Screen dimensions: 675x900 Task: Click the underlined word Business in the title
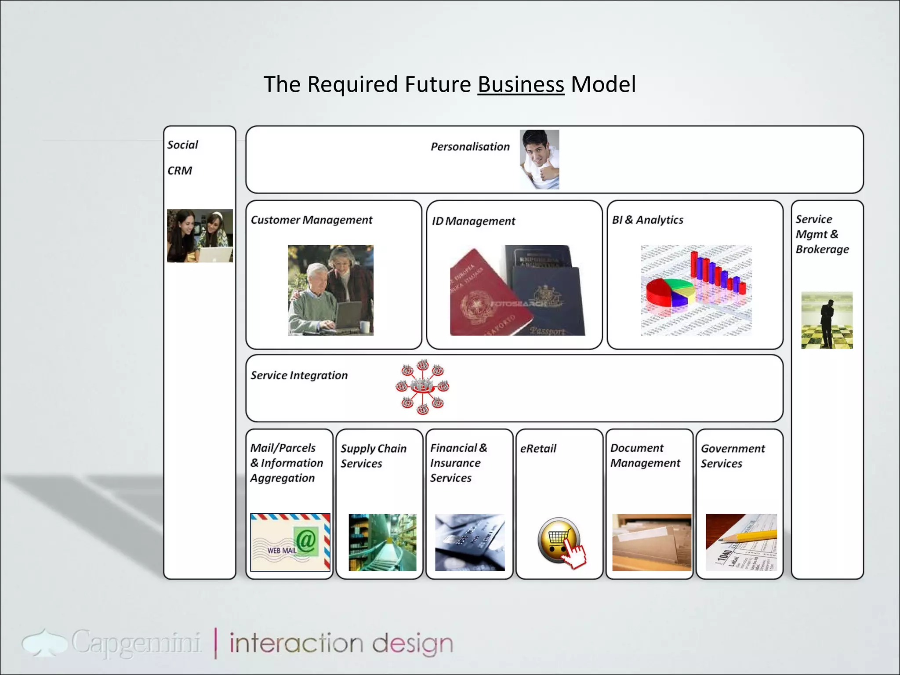(x=521, y=84)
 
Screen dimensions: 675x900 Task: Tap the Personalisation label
(x=470, y=147)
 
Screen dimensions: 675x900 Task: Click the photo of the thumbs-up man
(x=539, y=160)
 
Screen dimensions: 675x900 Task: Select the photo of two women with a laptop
(x=200, y=236)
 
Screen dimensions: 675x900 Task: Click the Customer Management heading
(x=311, y=220)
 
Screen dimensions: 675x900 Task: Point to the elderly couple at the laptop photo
(x=330, y=290)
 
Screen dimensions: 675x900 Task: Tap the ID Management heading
(x=473, y=221)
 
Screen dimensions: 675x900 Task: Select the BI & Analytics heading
(x=647, y=220)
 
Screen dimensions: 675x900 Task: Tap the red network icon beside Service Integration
(x=422, y=387)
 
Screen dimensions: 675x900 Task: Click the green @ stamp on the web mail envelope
(x=306, y=541)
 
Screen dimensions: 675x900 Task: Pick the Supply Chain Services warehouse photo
(x=382, y=542)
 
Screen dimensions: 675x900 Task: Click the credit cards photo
(x=470, y=542)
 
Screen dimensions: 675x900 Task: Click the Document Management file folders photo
(x=651, y=542)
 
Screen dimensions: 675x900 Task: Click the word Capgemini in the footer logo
(x=136, y=643)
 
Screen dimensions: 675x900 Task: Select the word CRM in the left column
(x=180, y=171)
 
